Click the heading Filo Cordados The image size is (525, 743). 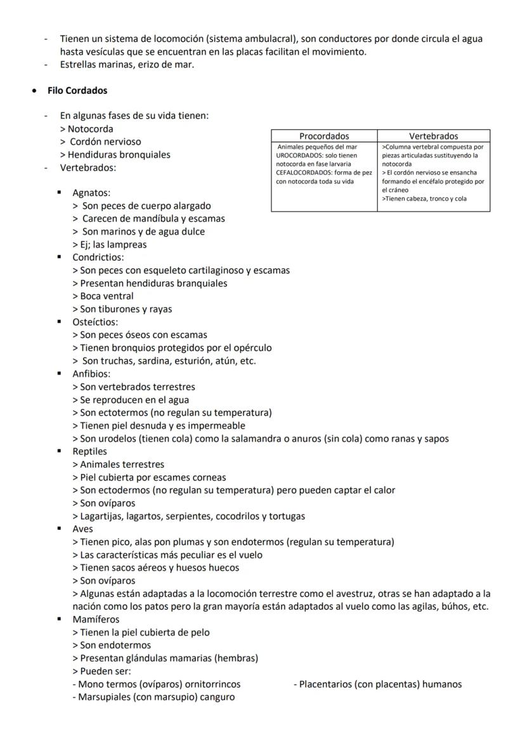(77, 91)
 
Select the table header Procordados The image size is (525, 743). (324, 136)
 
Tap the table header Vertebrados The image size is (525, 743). (434, 136)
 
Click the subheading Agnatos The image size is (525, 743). (91, 193)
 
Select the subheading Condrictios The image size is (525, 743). (98, 258)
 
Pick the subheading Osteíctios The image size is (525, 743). (95, 322)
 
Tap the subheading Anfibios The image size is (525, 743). (91, 374)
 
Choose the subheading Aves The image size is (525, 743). (82, 529)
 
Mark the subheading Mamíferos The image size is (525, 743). (96, 619)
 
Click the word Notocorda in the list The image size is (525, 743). (91, 129)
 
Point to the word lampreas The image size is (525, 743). (127, 244)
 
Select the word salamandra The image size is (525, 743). (261, 438)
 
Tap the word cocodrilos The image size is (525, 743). (237, 516)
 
